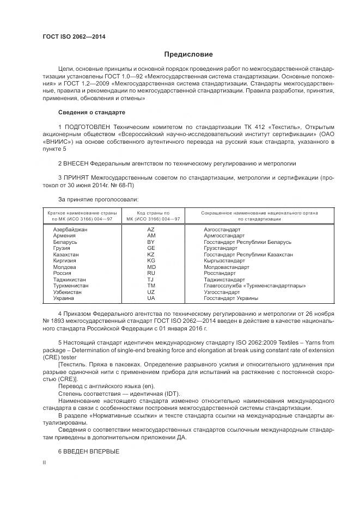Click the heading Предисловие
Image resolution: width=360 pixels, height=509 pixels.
[x=188, y=54]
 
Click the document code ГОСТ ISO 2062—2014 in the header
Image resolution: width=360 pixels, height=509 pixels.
[x=74, y=37]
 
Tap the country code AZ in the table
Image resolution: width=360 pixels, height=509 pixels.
[x=151, y=230]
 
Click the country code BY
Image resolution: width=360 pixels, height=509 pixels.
[x=151, y=242]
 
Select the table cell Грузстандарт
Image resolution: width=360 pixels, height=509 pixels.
[x=221, y=248]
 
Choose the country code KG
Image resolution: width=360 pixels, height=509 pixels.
[x=151, y=261]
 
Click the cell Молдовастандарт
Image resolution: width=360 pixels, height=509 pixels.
[x=227, y=267]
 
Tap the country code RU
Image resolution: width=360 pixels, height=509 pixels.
[x=151, y=273]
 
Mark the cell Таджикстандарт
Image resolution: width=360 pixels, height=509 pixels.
[x=224, y=280]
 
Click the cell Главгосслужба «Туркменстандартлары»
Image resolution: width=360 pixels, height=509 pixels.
[x=254, y=286]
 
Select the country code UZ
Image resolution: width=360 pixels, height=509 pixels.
[x=151, y=292]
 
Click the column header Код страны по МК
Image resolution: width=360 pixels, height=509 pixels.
[x=151, y=216]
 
